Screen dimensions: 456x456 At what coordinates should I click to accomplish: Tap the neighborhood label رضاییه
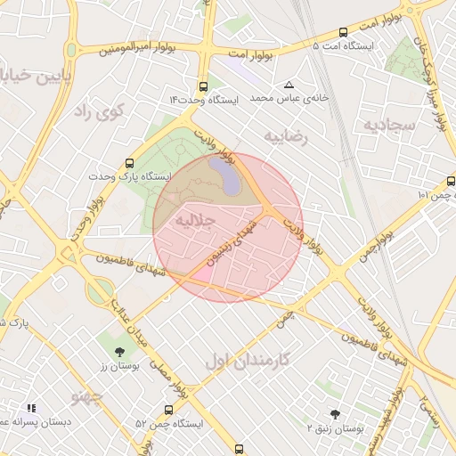(285, 135)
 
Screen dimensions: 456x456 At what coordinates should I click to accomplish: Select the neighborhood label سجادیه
(389, 126)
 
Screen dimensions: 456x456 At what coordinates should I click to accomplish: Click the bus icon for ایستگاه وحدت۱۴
(204, 87)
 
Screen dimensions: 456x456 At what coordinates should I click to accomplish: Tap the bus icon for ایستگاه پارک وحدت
(131, 164)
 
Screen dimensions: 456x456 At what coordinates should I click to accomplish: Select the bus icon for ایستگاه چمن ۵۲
(168, 411)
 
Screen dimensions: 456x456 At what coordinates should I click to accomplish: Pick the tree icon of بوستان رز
(120, 351)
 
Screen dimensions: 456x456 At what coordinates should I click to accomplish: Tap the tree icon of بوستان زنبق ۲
(335, 414)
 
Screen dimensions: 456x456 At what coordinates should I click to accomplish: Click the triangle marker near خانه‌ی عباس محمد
(289, 85)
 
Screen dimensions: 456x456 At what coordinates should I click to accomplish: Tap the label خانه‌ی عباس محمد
(289, 97)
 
